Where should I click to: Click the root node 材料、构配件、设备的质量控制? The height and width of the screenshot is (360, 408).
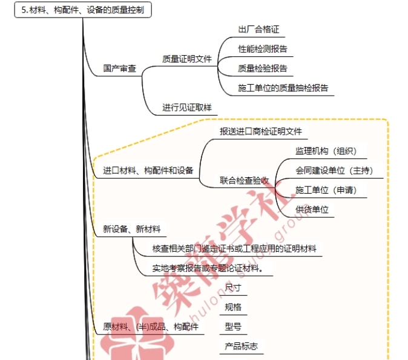coord(83,11)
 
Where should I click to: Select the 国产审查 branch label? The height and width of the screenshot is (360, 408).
coord(119,68)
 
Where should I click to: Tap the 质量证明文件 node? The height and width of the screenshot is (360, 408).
coord(186,59)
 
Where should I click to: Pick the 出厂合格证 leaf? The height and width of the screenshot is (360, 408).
coord(258,29)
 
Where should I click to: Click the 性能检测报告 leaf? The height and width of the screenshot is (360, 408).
coord(263,48)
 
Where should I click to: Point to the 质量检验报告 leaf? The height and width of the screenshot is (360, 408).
coord(263,68)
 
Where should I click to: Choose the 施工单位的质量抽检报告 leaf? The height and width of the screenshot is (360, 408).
coord(283,88)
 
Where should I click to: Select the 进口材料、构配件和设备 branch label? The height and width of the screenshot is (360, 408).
coord(148,170)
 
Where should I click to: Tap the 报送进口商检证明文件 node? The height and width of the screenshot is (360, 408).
coord(260,131)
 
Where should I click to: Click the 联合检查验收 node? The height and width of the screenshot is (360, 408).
coord(244,180)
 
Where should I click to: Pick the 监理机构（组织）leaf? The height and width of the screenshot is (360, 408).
coord(326,151)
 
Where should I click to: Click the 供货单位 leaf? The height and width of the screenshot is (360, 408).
coord(312,209)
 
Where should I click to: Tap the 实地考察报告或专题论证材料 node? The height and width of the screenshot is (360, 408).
coord(212,267)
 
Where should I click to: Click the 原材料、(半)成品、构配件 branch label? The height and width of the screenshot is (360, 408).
coord(151,326)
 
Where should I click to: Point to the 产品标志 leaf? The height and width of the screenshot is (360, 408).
coord(241,346)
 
